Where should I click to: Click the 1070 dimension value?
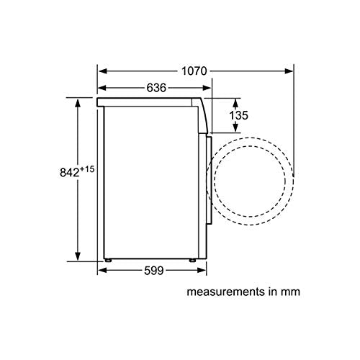194,71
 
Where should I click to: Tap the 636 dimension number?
156,88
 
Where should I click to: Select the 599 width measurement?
154,271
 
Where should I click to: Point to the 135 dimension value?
238,115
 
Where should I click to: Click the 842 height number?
69,172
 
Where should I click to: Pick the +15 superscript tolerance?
86,169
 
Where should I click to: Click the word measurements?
222,292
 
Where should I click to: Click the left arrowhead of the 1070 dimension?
103,71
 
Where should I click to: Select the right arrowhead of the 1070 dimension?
289,71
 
